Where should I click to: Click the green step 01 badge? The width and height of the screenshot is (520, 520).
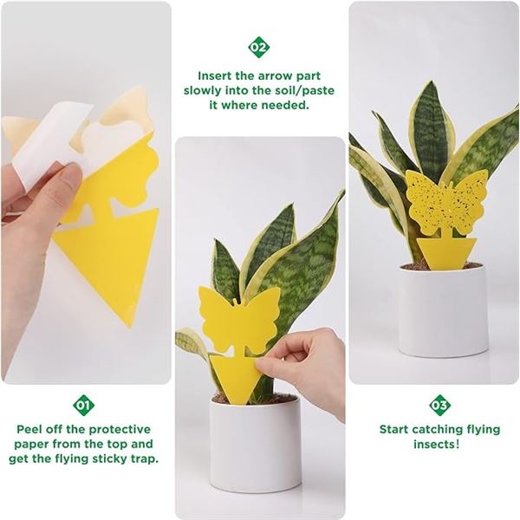tap(84, 405)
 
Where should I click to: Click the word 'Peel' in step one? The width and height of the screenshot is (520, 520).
tap(33, 429)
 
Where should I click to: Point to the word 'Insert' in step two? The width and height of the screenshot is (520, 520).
tap(218, 75)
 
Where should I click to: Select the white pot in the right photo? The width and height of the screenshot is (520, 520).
tap(442, 308)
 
